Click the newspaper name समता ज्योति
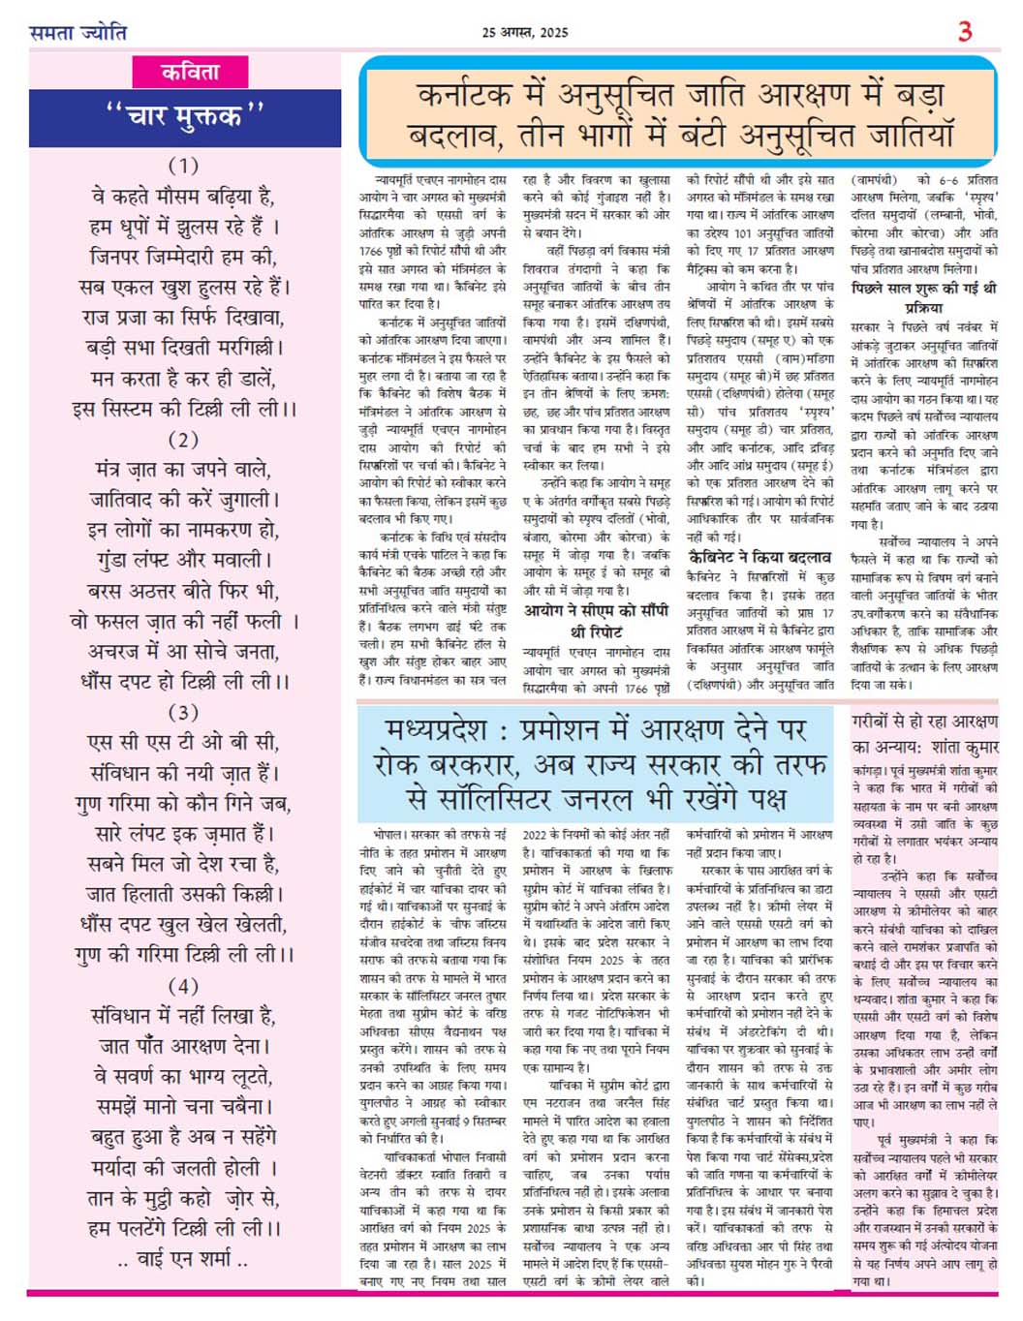[x=77, y=32]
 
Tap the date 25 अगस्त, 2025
[x=525, y=32]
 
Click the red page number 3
[x=964, y=32]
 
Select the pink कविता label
[x=190, y=72]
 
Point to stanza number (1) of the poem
[x=183, y=165]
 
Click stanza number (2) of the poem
[x=183, y=439]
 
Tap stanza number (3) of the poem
[x=183, y=712]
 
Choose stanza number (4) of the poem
[x=183, y=986]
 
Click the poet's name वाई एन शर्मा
[x=183, y=1260]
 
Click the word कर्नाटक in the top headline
[x=463, y=96]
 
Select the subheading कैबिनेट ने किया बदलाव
[x=759, y=558]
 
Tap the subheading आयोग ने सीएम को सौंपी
[x=596, y=611]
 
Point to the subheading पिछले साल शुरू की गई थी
[x=923, y=289]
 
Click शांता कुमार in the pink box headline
[x=963, y=747]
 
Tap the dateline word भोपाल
[x=387, y=834]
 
